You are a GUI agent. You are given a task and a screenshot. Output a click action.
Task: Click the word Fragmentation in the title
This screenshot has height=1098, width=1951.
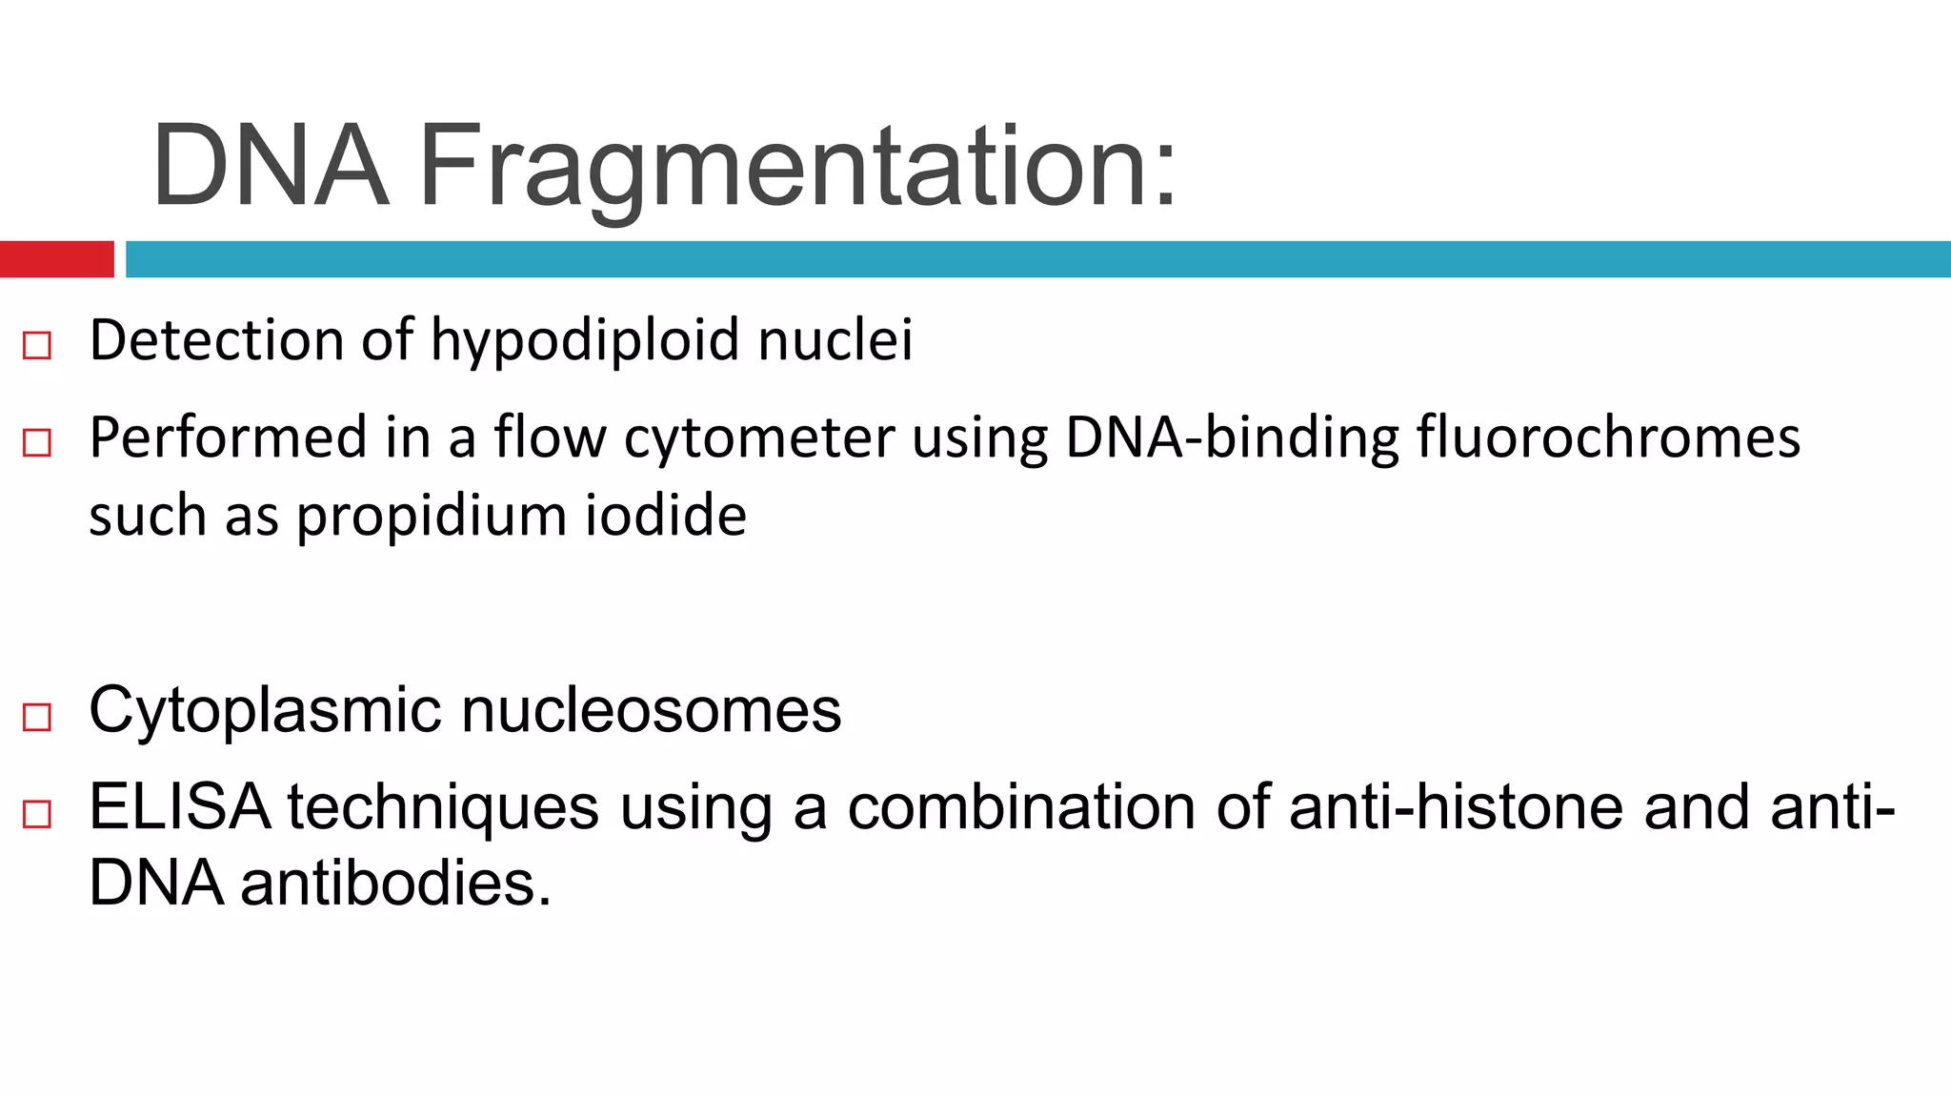coord(798,168)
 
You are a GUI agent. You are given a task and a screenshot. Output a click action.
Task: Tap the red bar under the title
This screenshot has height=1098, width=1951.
coord(56,259)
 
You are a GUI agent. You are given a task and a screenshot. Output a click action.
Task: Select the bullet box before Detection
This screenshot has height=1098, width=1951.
coord(37,345)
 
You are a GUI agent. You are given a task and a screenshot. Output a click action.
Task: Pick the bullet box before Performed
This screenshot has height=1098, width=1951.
coord(37,442)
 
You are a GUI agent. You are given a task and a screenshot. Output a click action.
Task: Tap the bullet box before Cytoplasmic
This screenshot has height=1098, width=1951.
coord(37,717)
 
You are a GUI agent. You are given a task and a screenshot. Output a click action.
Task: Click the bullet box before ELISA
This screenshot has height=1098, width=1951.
coord(37,814)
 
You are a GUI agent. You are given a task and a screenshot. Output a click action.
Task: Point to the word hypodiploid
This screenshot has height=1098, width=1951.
coord(585,341)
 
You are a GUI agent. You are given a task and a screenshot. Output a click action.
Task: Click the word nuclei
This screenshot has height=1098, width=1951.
coord(835,341)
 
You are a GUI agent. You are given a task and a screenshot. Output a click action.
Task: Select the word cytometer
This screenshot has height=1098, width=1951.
coord(759,438)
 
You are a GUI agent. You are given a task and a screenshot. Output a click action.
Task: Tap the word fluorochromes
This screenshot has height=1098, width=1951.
coord(1608,438)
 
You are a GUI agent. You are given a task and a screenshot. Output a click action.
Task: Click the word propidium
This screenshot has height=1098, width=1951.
coord(432,518)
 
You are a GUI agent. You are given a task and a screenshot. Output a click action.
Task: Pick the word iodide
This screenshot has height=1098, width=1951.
coord(666,516)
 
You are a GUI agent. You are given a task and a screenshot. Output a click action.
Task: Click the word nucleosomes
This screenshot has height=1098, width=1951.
coord(652,711)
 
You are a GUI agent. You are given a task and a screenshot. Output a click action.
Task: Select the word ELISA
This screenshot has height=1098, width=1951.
coord(179,807)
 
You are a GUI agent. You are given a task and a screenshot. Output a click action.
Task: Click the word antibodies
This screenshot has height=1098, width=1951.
coord(395,884)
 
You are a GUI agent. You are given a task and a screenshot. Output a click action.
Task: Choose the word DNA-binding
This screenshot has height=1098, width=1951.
coord(1232,438)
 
